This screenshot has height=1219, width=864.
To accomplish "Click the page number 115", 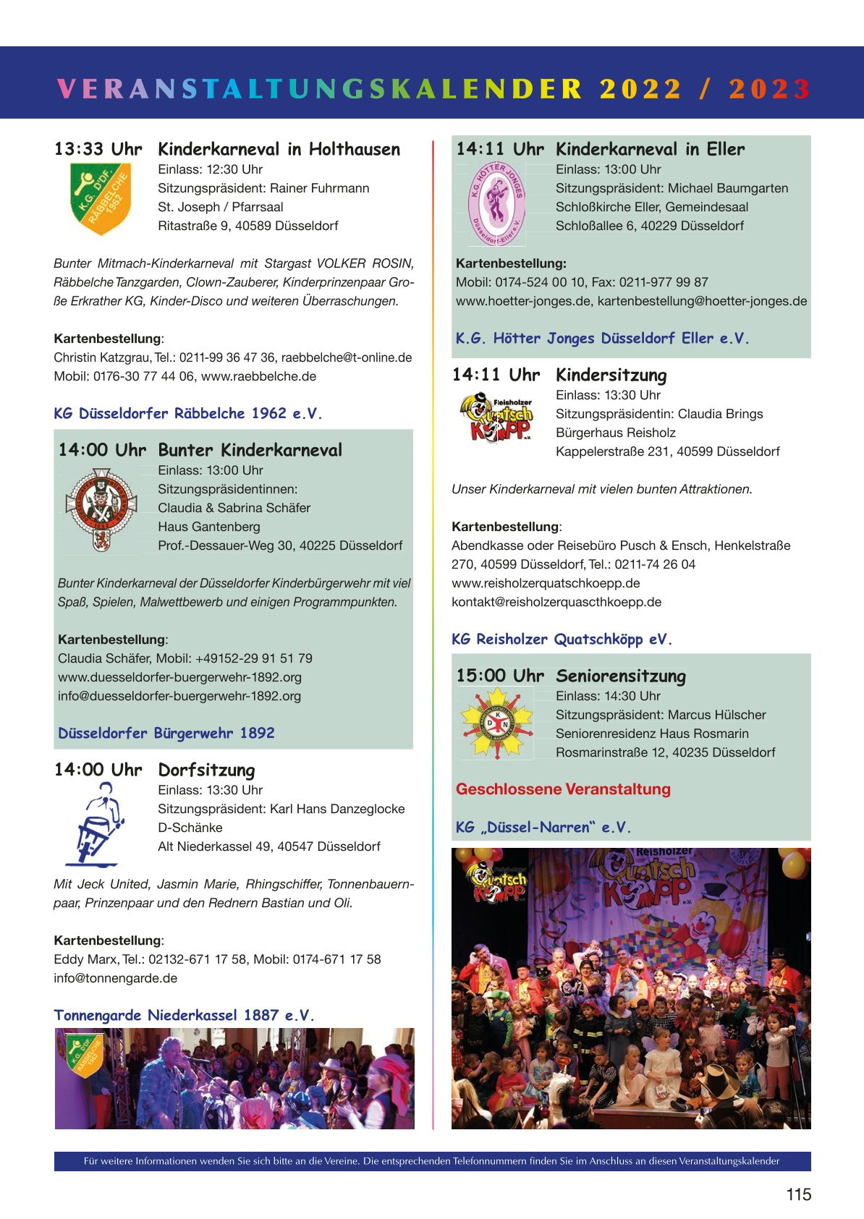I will (798, 1194).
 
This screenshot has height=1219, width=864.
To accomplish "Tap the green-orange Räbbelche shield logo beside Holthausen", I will (101, 198).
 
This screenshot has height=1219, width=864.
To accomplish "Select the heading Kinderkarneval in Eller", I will (650, 149).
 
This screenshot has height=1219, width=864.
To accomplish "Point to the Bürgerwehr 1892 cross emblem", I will (101, 509).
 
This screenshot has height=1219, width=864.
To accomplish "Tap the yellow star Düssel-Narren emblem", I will (496, 723).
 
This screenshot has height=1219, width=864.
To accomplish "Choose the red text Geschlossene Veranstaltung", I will (563, 789).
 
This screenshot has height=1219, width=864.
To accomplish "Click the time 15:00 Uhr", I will (500, 676).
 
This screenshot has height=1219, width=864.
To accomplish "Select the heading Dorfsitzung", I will (206, 770).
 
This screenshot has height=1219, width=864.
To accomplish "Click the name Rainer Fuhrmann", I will (319, 188).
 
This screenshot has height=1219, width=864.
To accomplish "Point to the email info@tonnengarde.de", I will (116, 978).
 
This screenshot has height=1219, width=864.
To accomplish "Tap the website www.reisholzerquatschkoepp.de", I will (546, 583).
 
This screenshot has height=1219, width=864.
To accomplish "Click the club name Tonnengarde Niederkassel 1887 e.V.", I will (185, 1015).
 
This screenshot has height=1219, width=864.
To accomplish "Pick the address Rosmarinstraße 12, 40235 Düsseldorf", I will (665, 752).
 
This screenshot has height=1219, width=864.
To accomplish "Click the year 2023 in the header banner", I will (769, 88).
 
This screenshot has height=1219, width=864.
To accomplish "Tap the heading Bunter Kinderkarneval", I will (250, 450).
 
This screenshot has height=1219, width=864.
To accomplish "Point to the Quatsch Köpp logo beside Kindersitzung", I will (496, 417).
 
